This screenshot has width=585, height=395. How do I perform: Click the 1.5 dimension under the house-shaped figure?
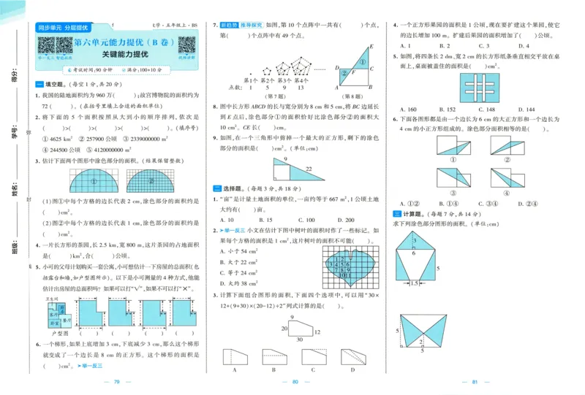click(x=415, y=283)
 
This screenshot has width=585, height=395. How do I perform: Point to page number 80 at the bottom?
click(x=296, y=382)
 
